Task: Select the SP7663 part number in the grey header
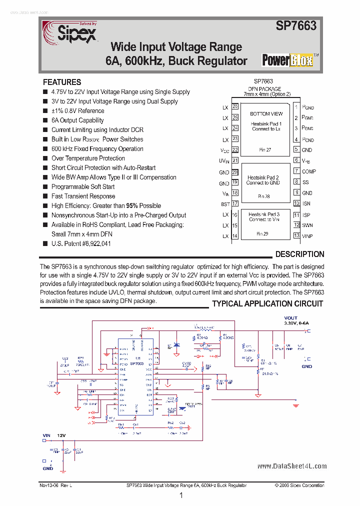[x=296, y=26]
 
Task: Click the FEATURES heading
[x=62, y=82]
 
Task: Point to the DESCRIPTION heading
[x=299, y=254]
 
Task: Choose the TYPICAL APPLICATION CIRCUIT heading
[x=267, y=303]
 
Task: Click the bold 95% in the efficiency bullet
[x=132, y=205]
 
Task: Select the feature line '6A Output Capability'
[x=77, y=120]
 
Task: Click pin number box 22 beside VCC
[x=235, y=150]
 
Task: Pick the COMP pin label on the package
[x=308, y=171]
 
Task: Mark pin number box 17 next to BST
[x=235, y=204]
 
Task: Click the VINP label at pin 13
[x=307, y=236]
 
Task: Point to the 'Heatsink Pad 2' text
[x=263, y=177]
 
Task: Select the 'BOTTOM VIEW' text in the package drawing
[x=266, y=114]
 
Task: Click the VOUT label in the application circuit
[x=290, y=318]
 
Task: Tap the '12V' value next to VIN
[x=61, y=436]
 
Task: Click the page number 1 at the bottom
[x=181, y=495]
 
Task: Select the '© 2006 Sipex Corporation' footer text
[x=299, y=485]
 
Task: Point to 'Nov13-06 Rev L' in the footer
[x=55, y=485]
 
